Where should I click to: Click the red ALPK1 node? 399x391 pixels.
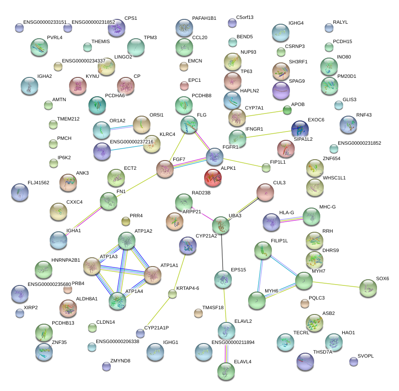213,177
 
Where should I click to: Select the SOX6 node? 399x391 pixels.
368,289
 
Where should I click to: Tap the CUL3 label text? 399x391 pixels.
279,182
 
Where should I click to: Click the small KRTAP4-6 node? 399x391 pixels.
172,294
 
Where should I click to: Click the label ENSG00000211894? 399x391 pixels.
233,342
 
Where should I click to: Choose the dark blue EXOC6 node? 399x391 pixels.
300,130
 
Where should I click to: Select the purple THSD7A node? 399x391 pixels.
305,362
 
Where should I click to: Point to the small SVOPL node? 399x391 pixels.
353,362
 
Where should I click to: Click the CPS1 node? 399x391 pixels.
117,28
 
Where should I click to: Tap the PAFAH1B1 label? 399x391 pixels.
204,18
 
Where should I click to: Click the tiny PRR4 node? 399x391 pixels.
125,221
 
